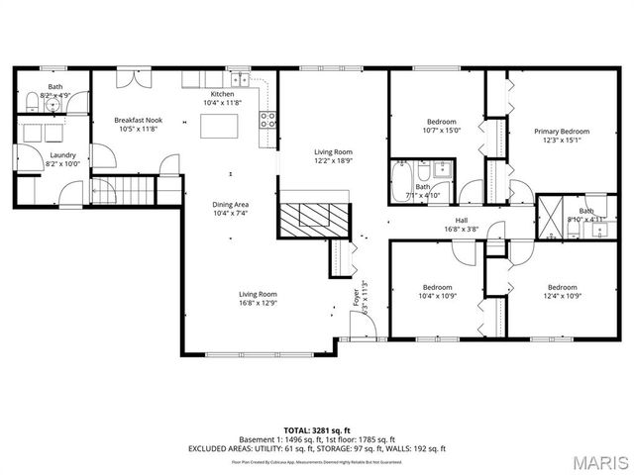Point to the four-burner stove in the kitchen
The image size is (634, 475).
click(267, 120)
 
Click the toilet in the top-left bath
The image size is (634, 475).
click(31, 99)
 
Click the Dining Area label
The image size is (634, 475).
click(231, 204)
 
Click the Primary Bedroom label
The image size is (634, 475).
click(562, 132)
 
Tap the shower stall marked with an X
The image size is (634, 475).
click(549, 217)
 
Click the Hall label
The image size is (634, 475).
click(462, 221)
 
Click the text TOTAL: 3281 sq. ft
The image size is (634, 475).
click(316, 429)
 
